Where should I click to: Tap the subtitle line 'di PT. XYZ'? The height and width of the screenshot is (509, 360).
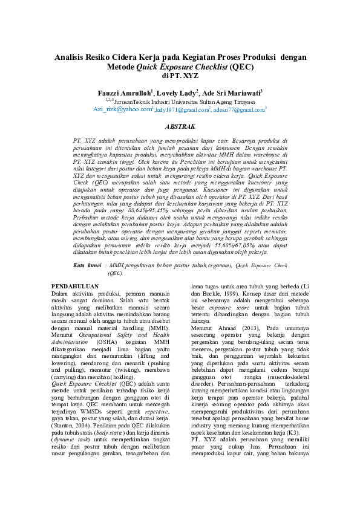pyautogui.click(x=180, y=76)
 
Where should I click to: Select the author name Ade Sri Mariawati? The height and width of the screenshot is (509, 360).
pyautogui.click(x=233, y=94)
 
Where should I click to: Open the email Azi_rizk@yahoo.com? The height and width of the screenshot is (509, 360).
pyautogui.click(x=122, y=110)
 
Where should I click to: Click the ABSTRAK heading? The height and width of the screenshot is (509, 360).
pyautogui.click(x=180, y=127)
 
